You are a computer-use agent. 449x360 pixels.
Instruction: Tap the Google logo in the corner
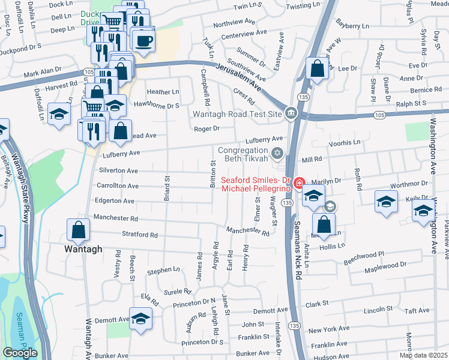(20, 353)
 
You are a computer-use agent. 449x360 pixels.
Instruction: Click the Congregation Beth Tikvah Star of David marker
(277, 154)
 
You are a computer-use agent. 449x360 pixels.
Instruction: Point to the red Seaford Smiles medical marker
(298, 182)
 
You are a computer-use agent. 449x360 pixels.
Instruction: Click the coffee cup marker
(143, 41)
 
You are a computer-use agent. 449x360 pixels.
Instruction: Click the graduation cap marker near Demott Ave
(140, 320)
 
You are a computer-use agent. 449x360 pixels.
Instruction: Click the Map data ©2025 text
(424, 355)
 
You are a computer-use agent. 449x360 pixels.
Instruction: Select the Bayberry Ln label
(352, 26)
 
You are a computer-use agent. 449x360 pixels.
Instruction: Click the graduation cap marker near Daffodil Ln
(59, 115)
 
